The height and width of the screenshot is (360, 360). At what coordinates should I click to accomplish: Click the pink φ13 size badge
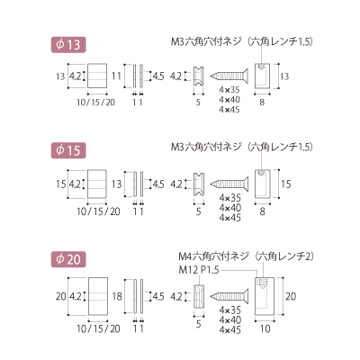(68, 45)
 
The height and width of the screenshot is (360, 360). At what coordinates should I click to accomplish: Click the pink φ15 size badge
(68, 150)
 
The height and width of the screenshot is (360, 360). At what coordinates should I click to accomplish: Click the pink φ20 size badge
(68, 259)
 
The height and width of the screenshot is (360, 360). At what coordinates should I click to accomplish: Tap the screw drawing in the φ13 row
(229, 76)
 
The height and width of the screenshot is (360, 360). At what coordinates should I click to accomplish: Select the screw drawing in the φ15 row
(229, 184)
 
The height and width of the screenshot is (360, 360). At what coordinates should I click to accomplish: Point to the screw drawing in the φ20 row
(229, 296)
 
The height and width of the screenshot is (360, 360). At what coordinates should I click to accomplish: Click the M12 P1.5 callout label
(199, 270)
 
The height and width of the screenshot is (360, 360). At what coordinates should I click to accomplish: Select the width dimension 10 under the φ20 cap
(265, 328)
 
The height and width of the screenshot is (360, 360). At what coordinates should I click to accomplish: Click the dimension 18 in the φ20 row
(117, 296)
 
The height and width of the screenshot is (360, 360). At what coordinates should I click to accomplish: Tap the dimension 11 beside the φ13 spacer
(116, 76)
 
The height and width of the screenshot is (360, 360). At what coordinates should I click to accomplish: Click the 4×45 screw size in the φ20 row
(229, 330)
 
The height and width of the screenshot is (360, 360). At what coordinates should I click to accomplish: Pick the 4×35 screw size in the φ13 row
(229, 90)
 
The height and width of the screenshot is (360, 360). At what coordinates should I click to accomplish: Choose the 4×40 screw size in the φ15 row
(229, 208)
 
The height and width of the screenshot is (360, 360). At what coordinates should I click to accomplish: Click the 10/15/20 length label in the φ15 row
(98, 211)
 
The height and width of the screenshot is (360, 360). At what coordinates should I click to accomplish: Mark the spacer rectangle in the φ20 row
(98, 296)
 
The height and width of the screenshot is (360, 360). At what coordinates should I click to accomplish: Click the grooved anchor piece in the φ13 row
(198, 76)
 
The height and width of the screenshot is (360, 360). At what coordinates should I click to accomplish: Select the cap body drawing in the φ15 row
(263, 184)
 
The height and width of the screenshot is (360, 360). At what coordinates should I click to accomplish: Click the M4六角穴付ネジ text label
(214, 256)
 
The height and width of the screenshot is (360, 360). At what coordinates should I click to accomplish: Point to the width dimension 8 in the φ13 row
(262, 103)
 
